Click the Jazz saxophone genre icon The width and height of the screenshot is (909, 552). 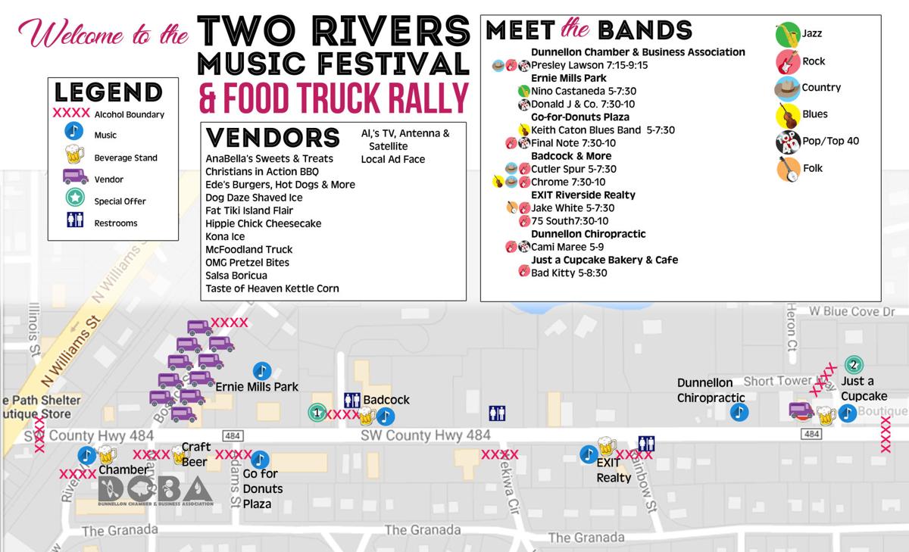[788, 35]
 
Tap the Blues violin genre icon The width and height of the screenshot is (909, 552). [788, 115]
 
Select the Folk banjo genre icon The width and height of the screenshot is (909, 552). [788, 168]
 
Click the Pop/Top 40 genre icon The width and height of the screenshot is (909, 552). [788, 142]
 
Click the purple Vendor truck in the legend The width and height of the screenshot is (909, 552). [73, 179]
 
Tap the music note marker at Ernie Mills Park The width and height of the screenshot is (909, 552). [261, 370]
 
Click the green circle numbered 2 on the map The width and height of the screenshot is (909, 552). [854, 364]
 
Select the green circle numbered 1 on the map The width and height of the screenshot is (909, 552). [317, 413]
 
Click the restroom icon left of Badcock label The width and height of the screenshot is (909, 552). [352, 400]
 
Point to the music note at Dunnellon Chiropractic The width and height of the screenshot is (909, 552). [739, 412]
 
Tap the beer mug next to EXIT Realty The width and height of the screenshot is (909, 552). [607, 446]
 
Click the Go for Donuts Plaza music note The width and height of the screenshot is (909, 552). [260, 460]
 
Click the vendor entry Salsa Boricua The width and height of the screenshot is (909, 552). [236, 275]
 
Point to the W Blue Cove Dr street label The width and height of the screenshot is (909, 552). [851, 311]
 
